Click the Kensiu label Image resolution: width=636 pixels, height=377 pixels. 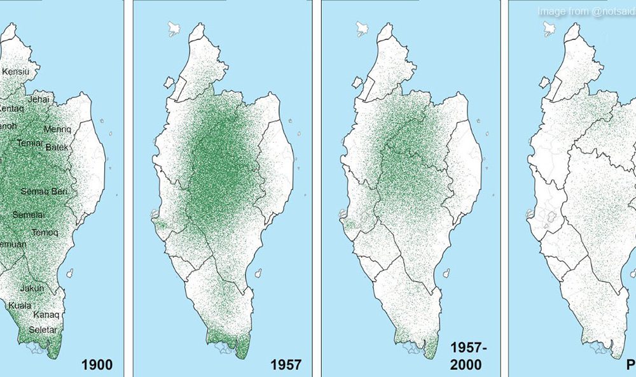click(x=16, y=72)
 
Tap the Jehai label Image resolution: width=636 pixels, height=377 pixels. click(x=39, y=99)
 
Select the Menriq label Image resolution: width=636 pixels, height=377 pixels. click(x=58, y=129)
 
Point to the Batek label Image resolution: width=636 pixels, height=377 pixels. click(x=57, y=148)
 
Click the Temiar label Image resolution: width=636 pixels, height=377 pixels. click(x=30, y=143)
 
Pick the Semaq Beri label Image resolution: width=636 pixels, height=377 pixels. click(x=45, y=191)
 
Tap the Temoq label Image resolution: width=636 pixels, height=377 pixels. click(x=45, y=232)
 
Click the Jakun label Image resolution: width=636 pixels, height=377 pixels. click(x=32, y=288)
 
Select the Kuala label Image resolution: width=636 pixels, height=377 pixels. click(x=20, y=306)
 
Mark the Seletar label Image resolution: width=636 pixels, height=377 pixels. click(x=43, y=330)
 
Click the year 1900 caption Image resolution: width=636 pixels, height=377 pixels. click(x=97, y=364)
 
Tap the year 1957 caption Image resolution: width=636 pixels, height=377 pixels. click(x=284, y=364)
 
